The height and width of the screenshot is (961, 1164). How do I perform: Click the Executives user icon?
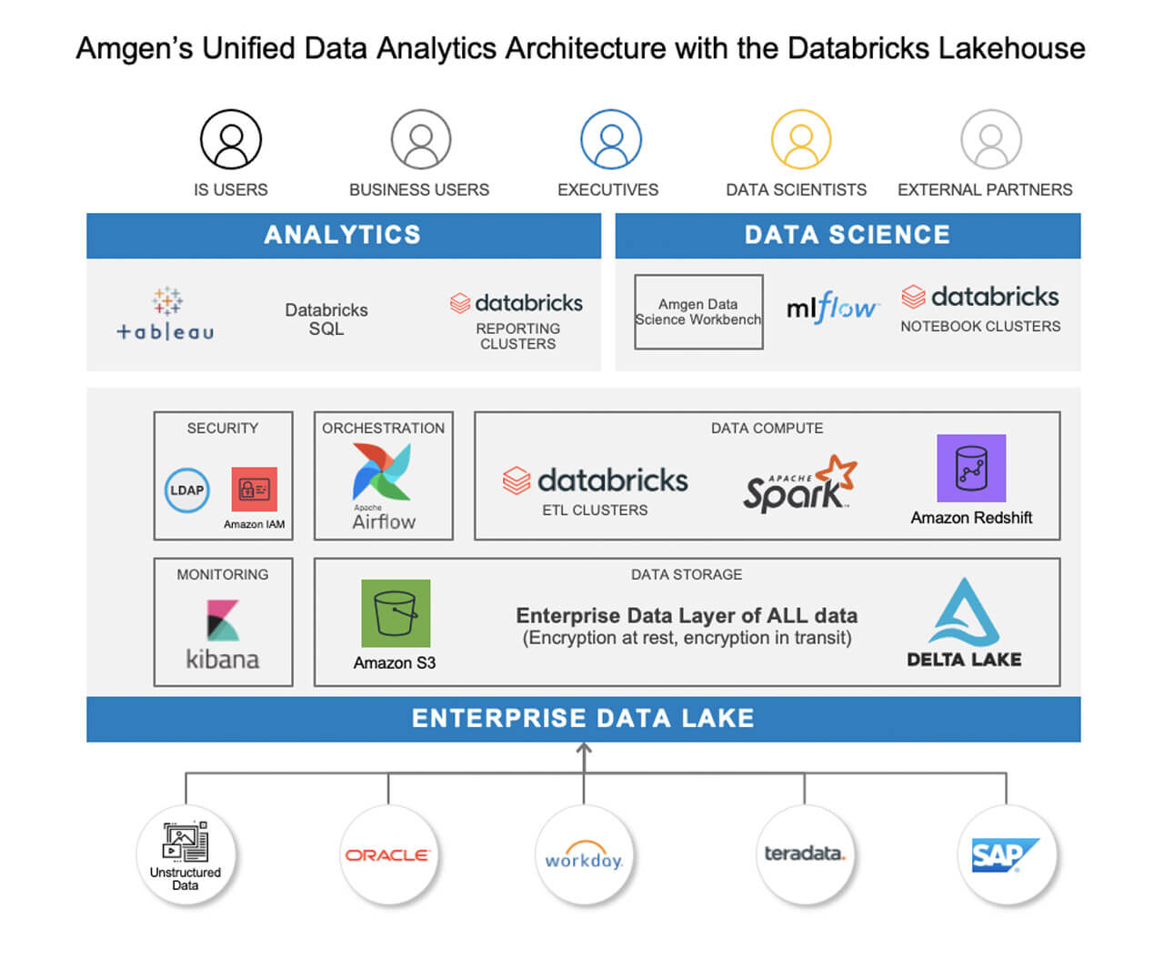[x=611, y=140]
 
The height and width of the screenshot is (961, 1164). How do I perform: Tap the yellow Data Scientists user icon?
[x=801, y=140]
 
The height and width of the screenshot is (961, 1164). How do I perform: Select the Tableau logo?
[x=166, y=315]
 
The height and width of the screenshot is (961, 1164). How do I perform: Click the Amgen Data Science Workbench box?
[x=698, y=312]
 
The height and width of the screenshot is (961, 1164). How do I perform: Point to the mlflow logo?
[x=831, y=309]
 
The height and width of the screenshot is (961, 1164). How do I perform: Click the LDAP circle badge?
[x=187, y=491]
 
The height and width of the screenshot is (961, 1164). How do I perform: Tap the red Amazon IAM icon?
[x=255, y=490]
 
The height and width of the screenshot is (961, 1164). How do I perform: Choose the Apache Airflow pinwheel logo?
[x=382, y=471]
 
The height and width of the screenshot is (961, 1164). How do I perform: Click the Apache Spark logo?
[x=799, y=484]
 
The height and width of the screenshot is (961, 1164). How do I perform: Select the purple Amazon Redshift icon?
[x=971, y=468]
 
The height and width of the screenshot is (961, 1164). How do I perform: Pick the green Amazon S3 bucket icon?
[x=396, y=613]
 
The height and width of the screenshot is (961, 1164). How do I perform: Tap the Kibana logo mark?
[x=223, y=621]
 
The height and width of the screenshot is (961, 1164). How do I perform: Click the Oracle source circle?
[x=387, y=855]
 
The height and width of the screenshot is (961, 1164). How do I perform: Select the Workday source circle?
[x=584, y=855]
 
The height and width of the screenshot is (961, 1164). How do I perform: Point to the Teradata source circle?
[x=805, y=855]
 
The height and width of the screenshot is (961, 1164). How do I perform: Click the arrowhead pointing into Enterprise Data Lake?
[x=584, y=749]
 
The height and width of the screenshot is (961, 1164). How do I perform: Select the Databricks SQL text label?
[x=326, y=319]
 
